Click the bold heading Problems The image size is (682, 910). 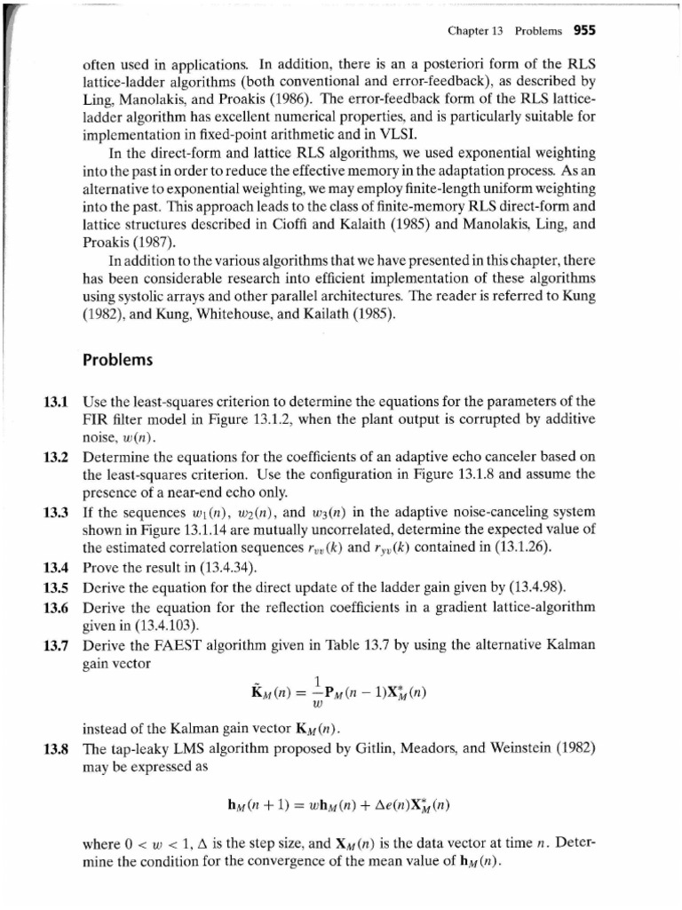pos(117,362)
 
